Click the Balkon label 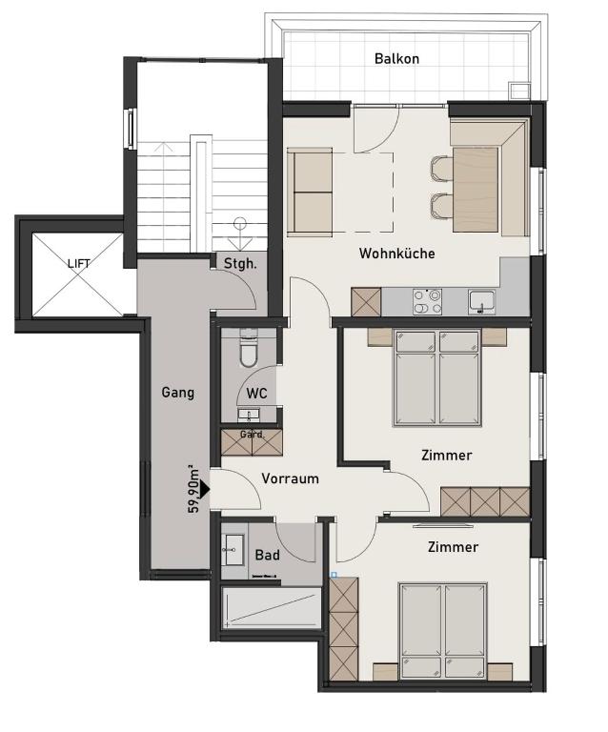pyautogui.click(x=396, y=59)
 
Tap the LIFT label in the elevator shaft pyautogui.click(x=79, y=264)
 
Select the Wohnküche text pyautogui.click(x=396, y=254)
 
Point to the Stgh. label pyautogui.click(x=240, y=264)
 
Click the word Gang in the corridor pyautogui.click(x=178, y=393)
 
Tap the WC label pyautogui.click(x=256, y=393)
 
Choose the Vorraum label pyautogui.click(x=291, y=478)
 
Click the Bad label pyautogui.click(x=268, y=555)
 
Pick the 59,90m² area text pyautogui.click(x=193, y=489)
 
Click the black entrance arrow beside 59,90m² pyautogui.click(x=204, y=489)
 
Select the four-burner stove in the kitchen pyautogui.click(x=427, y=301)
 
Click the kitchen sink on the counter pyautogui.click(x=482, y=302)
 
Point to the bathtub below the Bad pyautogui.click(x=272, y=608)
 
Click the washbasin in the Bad pyautogui.click(x=233, y=549)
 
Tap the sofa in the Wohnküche pyautogui.click(x=310, y=192)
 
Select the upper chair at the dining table pyautogui.click(x=441, y=169)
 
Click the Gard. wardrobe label pyautogui.click(x=252, y=435)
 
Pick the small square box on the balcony pyautogui.click(x=519, y=91)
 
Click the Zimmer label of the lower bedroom pyautogui.click(x=453, y=547)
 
